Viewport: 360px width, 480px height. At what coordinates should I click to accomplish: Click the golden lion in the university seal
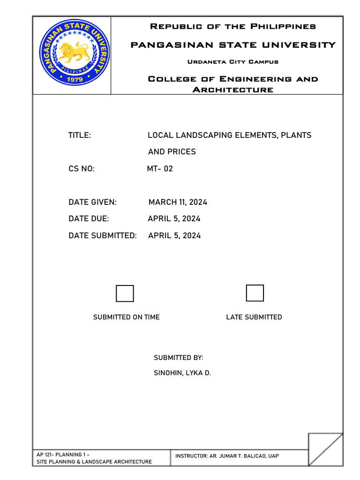click(x=74, y=52)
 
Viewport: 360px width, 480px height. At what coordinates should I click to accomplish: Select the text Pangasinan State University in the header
click(x=232, y=45)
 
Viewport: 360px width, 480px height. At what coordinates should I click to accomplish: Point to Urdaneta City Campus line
click(x=232, y=62)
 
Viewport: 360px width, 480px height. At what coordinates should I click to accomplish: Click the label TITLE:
click(x=80, y=135)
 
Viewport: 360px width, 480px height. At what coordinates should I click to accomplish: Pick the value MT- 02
click(x=160, y=169)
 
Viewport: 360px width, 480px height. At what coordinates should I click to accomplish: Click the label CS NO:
click(x=82, y=169)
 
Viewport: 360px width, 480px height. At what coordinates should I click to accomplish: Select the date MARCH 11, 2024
click(x=178, y=202)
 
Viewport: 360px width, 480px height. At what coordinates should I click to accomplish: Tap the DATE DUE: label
click(x=89, y=219)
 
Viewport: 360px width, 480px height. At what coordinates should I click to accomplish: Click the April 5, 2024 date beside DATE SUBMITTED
click(x=174, y=236)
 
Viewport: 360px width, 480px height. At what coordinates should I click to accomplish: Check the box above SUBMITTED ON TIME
click(x=125, y=293)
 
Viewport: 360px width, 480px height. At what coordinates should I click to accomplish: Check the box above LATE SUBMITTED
click(x=255, y=293)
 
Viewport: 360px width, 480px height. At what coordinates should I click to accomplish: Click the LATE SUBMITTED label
click(x=254, y=317)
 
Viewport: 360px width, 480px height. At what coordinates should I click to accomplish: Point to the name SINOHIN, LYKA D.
click(x=183, y=374)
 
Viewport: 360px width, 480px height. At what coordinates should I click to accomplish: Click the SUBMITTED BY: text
click(x=179, y=358)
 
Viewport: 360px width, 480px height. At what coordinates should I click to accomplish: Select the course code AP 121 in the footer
click(x=45, y=455)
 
